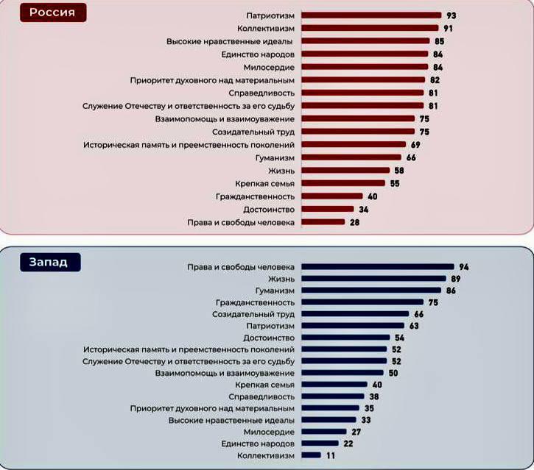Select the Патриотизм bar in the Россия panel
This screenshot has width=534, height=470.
tap(368, 15)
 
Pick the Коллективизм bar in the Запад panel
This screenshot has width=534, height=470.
tap(311, 455)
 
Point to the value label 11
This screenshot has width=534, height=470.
tap(331, 455)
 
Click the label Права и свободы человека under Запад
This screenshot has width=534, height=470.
tap(241, 266)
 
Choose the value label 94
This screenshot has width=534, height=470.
tap(463, 266)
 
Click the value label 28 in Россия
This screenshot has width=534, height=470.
tap(354, 221)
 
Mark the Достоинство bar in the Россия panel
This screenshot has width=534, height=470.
tap(328, 209)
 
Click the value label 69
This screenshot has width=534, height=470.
tap(415, 144)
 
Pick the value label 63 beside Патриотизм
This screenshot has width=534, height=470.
tap(414, 325)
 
